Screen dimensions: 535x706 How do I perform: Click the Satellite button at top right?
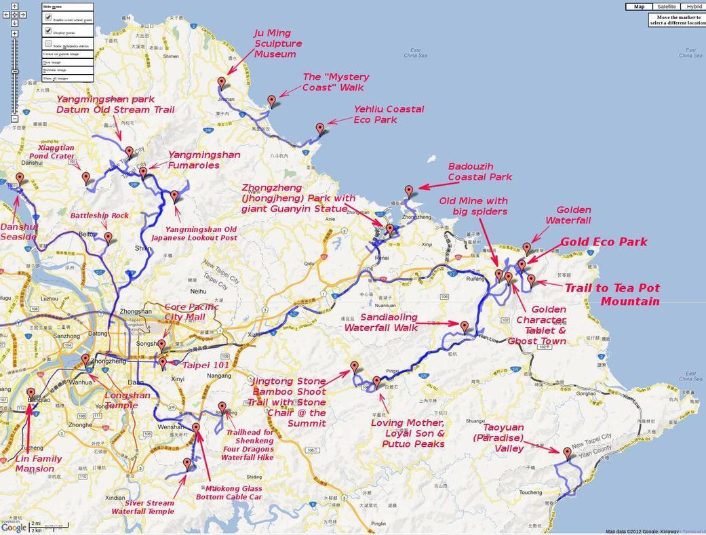[667, 7]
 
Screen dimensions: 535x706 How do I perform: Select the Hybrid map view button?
[694, 7]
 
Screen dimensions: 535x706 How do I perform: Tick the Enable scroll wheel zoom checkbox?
[48, 18]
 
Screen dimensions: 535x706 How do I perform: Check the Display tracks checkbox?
[48, 31]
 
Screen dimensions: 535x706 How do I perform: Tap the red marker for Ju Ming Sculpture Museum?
[222, 83]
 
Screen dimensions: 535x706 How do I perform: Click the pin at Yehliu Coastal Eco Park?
[320, 129]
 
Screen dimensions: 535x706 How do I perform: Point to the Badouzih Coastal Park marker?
[409, 191]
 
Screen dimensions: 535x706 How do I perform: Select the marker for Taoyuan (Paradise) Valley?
[567, 452]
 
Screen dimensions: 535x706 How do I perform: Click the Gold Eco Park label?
[604, 242]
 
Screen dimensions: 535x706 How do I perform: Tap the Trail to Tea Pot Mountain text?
[612, 294]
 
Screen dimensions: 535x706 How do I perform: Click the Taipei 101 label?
[205, 365]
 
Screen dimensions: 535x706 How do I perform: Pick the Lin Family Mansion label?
[38, 464]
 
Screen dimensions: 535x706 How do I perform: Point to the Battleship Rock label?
[99, 216]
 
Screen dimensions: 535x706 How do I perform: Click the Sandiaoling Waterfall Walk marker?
[465, 326]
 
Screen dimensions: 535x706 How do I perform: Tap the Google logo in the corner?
[14, 527]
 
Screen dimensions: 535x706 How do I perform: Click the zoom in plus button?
[15, 33]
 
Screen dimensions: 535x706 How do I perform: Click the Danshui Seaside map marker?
[20, 178]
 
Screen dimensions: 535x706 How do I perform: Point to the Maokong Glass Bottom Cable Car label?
[229, 492]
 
